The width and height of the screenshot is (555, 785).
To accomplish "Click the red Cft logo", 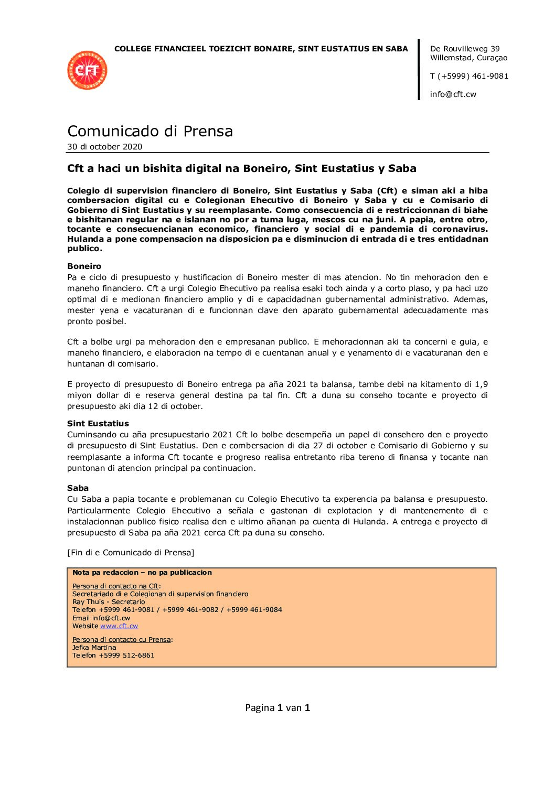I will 87,70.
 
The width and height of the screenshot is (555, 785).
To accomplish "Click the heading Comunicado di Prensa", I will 150,131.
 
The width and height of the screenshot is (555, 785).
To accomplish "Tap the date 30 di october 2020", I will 104,147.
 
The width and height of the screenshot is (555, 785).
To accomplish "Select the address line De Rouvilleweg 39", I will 465,49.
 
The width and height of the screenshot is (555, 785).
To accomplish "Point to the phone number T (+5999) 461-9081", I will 469,76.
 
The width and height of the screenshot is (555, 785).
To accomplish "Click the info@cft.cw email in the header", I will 453,94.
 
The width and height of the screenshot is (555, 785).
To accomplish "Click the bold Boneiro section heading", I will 84,266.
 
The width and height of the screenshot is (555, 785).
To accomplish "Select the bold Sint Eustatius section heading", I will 98,424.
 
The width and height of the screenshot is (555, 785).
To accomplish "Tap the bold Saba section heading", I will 78,488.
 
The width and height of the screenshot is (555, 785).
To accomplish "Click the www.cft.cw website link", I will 119,626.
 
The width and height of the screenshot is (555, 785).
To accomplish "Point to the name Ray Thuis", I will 90,602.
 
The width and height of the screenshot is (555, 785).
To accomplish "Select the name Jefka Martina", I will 94,648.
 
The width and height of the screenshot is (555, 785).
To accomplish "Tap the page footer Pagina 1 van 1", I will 277,708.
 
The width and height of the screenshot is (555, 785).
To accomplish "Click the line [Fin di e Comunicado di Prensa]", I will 131,553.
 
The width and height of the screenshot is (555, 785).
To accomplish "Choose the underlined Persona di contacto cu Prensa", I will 122,640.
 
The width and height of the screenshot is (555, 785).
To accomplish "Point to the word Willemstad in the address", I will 452,58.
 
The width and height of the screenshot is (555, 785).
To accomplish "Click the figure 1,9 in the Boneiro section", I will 481,384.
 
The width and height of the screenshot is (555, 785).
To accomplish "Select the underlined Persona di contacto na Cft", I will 115,586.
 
